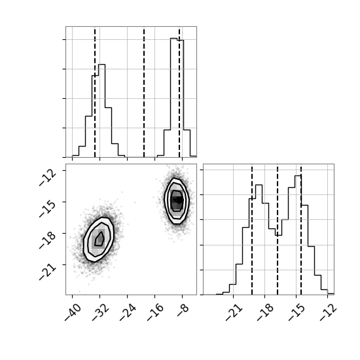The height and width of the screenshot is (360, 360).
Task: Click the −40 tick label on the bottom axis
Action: [73, 312]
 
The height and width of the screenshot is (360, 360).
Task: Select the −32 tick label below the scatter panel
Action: [101, 312]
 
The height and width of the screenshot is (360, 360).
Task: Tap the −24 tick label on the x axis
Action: [128, 312]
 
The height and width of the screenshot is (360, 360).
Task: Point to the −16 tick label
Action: [156, 312]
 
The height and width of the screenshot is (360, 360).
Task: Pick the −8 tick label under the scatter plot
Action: [183, 310]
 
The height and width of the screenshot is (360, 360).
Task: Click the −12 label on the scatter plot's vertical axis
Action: [48, 177]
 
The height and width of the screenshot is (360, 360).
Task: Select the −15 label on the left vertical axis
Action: [48, 209]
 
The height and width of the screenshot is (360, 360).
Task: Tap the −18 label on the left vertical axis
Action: [48, 240]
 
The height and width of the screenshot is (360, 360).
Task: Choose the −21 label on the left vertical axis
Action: [48, 272]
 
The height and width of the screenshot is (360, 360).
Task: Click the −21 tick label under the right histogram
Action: [234, 312]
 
